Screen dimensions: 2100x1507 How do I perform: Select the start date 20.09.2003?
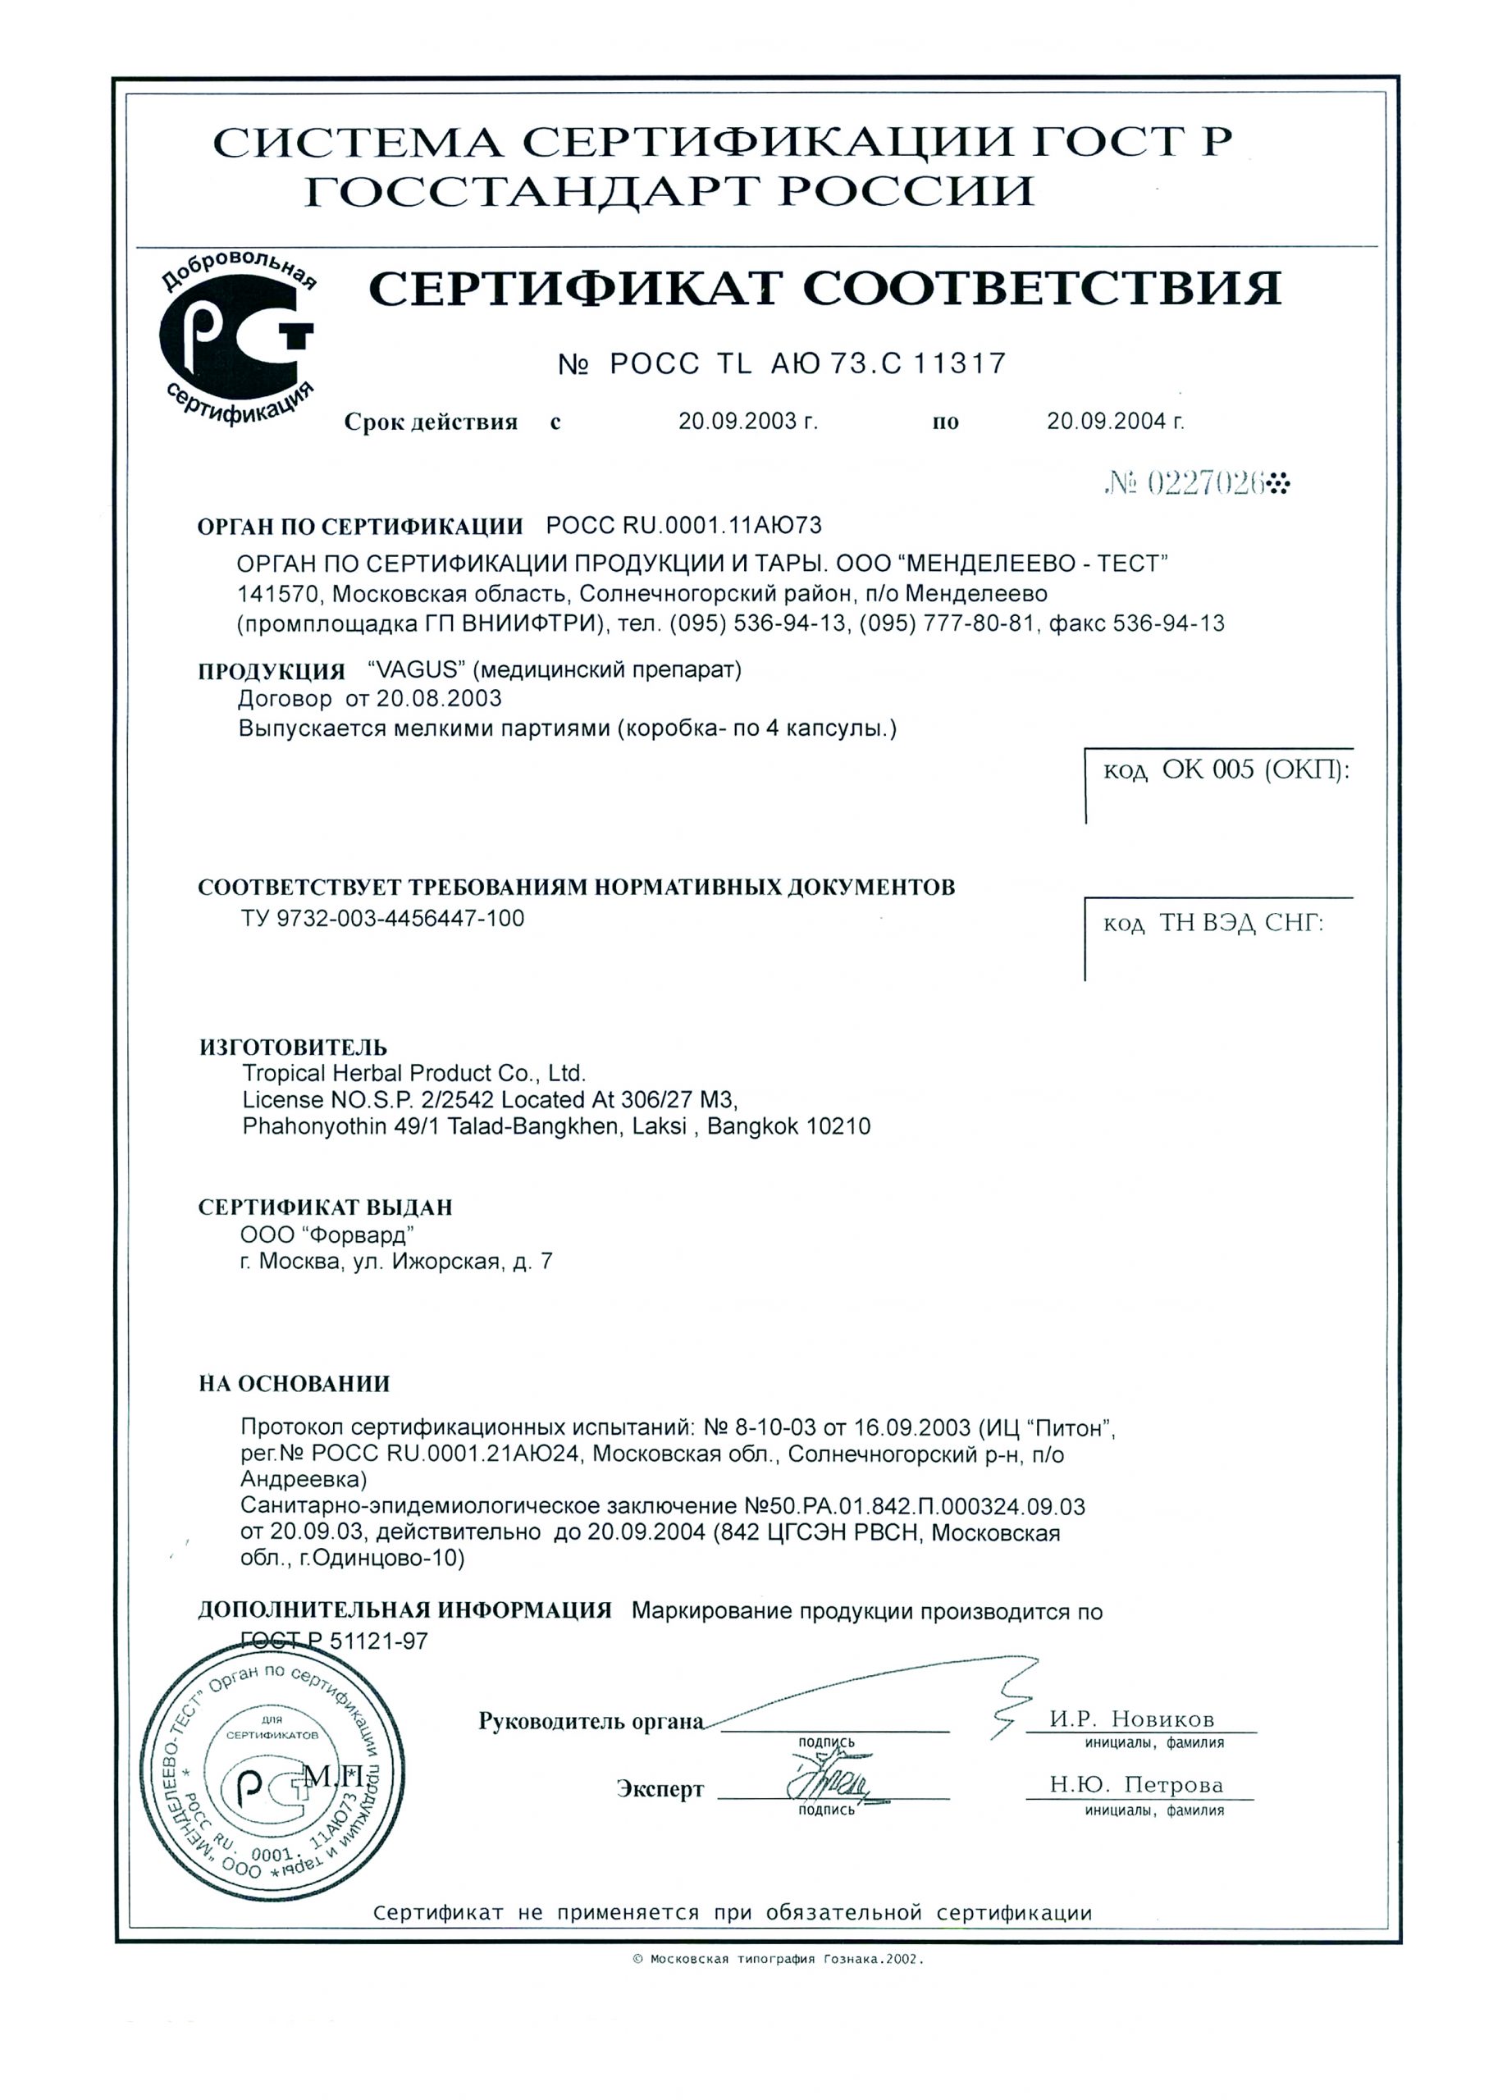(x=747, y=422)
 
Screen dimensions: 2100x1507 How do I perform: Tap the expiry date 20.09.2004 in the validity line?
(x=1115, y=422)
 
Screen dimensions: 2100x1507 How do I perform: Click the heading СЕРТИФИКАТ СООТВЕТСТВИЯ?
(x=824, y=289)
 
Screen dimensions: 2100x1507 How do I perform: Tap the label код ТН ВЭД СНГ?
(x=1212, y=923)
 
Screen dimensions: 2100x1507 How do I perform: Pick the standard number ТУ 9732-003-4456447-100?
(x=382, y=919)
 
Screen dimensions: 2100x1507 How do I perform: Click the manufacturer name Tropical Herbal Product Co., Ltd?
(x=414, y=1073)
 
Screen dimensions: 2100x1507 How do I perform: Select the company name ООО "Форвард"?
(x=326, y=1235)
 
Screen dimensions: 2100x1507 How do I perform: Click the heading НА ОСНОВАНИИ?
(x=294, y=1384)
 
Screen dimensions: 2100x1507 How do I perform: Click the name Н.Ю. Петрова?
(x=1135, y=1784)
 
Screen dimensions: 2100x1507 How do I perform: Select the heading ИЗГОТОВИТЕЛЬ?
(x=293, y=1048)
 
